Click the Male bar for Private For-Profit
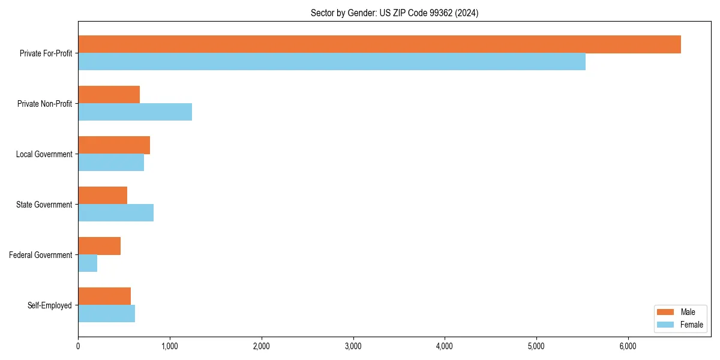pos(379,44)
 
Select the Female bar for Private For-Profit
pos(332,61)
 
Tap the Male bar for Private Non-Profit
pos(109,95)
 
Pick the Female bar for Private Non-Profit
pos(135,112)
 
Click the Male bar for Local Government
pos(114,145)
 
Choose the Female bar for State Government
pos(116,212)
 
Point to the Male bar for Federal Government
pos(99,246)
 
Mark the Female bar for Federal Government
pos(88,263)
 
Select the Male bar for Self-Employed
pos(104,296)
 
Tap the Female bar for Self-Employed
pos(106,313)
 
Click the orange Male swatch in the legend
pos(666,312)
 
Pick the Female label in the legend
pos(692,325)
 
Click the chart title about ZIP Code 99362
pos(394,13)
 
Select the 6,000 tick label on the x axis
pos(628,346)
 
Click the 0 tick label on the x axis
pos(78,346)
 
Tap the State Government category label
pos(44,205)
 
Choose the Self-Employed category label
pos(49,305)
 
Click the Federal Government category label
pos(41,255)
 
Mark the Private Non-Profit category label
pos(44,104)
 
